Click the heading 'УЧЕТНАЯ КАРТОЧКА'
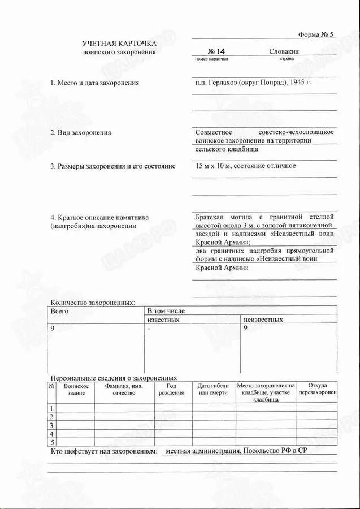pyautogui.click(x=119, y=44)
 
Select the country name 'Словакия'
pyautogui.click(x=284, y=51)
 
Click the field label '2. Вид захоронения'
pyautogui.click(x=81, y=133)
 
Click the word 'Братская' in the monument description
pyautogui.click(x=209, y=216)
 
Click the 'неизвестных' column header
pyautogui.click(x=263, y=320)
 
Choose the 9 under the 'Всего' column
pyautogui.click(x=53, y=329)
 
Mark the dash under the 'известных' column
pyautogui.click(x=149, y=329)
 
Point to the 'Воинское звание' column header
pyautogui.click(x=76, y=389)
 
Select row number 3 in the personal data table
pyautogui.click(x=51, y=425)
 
